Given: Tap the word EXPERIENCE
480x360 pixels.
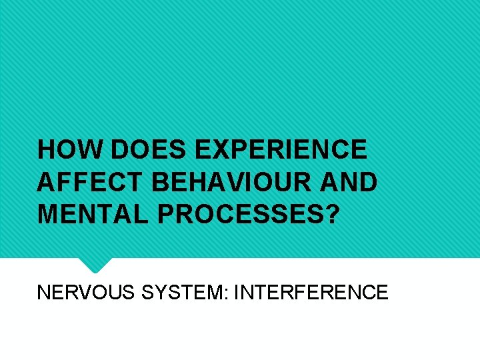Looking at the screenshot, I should [x=281, y=149].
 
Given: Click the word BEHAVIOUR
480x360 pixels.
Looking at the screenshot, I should [x=223, y=181].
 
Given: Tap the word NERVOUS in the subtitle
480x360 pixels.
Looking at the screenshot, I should [x=86, y=292].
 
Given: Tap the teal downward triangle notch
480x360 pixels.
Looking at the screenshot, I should [x=95, y=265].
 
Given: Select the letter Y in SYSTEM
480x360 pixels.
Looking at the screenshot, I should [x=159, y=292].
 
